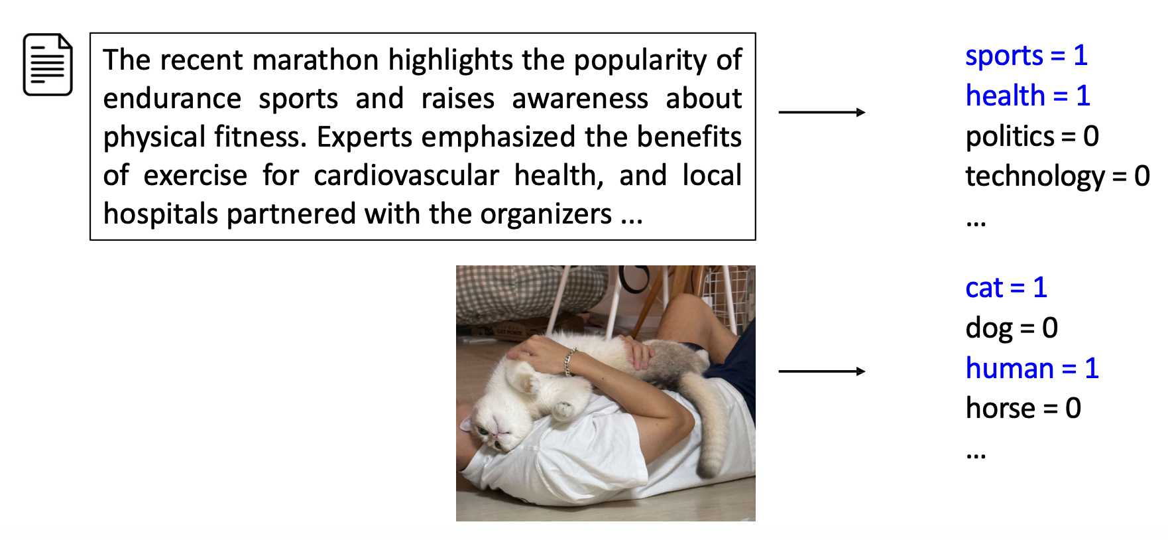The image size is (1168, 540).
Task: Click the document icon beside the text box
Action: pos(48,64)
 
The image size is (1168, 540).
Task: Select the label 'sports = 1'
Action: pos(1026,56)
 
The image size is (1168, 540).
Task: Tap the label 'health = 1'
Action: pos(1027,96)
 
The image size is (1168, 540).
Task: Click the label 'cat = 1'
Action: pos(1006,288)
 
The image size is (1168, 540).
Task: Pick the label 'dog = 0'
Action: pos(1012,328)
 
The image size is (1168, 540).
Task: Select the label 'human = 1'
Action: pos(1032,368)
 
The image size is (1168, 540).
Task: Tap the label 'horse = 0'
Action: pos(1023,408)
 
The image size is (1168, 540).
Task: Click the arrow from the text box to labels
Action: pos(822,112)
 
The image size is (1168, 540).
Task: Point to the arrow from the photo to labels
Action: pos(822,371)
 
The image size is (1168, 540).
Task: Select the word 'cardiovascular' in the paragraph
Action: pos(406,176)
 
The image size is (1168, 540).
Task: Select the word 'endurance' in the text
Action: pos(172,99)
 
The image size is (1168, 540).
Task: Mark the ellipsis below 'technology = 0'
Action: pos(976,223)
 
